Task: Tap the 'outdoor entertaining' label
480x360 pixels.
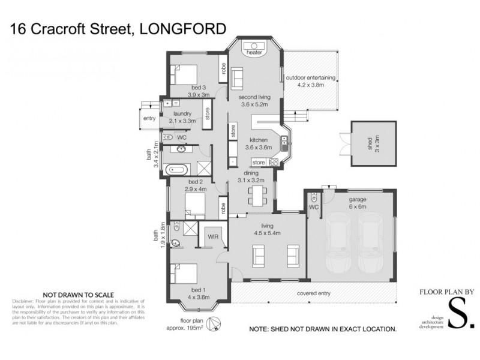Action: point(310,81)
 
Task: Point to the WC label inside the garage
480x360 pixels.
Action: point(313,207)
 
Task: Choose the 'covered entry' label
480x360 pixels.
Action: point(314,294)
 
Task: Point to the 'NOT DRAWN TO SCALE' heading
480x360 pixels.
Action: point(79,294)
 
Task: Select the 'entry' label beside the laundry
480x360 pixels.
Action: point(149,118)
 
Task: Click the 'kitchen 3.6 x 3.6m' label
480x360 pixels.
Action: point(259,143)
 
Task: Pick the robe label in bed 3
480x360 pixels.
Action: point(222,69)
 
